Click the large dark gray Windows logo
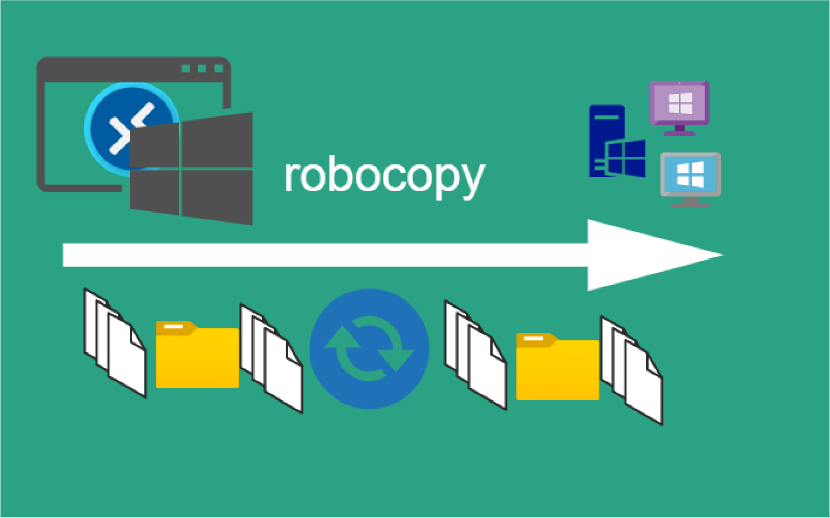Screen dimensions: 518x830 [192, 169]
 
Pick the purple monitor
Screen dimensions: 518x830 [679, 103]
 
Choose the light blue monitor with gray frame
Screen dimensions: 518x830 [691, 174]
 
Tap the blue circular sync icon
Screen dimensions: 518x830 [369, 349]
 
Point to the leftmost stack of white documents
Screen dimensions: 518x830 [115, 343]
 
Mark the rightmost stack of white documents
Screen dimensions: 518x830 [631, 370]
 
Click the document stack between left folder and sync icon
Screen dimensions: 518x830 [271, 358]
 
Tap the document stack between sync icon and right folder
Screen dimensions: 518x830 [475, 355]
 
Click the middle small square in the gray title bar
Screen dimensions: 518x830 [202, 68]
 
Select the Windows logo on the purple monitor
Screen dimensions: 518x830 [681, 103]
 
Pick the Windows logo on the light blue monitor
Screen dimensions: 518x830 [691, 174]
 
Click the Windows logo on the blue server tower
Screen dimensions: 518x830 [625, 158]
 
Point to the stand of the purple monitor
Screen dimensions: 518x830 [679, 131]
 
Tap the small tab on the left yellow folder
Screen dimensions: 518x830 [173, 326]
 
